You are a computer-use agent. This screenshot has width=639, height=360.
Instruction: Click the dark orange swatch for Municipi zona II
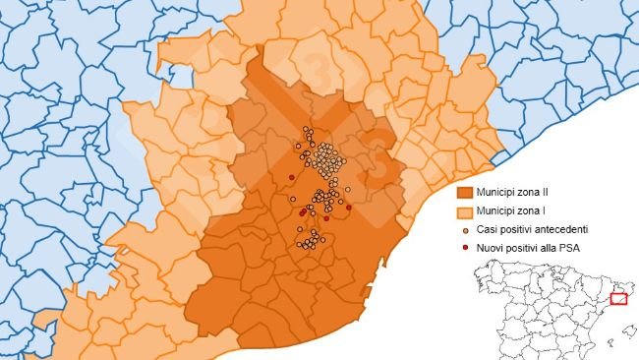465,193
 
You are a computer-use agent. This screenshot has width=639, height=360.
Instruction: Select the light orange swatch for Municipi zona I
465,211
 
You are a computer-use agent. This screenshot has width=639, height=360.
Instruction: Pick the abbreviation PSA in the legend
567,248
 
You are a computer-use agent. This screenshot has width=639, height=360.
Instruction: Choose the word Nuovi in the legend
492,248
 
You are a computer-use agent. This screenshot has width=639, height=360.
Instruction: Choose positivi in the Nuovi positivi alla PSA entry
521,248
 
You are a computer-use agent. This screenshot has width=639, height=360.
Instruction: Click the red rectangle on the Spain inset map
618,298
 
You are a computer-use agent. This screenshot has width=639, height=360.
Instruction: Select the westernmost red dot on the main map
291,177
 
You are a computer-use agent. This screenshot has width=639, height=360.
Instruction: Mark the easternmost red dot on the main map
349,208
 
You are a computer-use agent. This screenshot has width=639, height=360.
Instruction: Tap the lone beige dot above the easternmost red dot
348,189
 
